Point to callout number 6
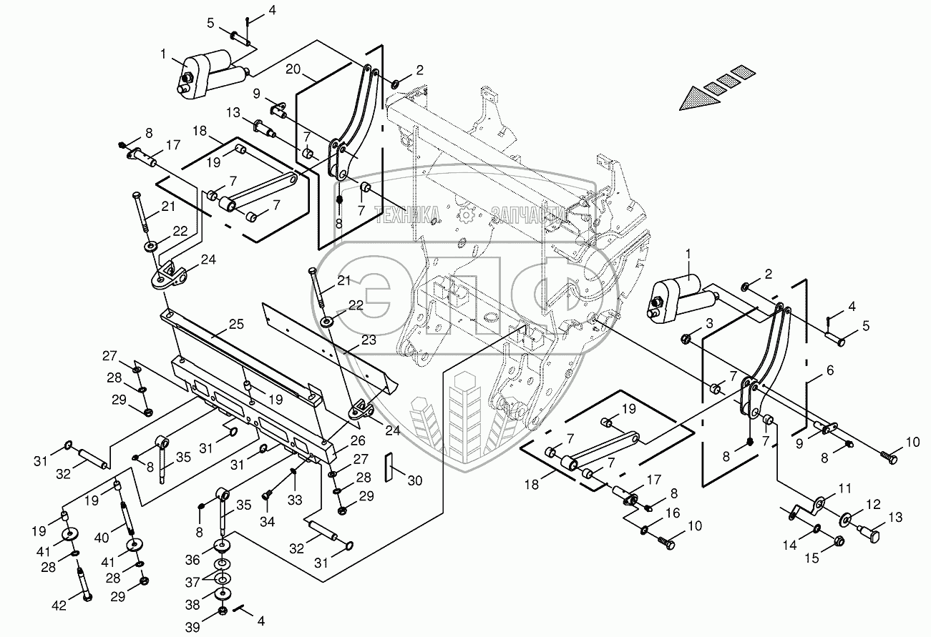coord(830,370)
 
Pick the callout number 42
coord(59,606)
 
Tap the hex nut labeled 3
coord(686,337)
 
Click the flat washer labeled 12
coord(847,517)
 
